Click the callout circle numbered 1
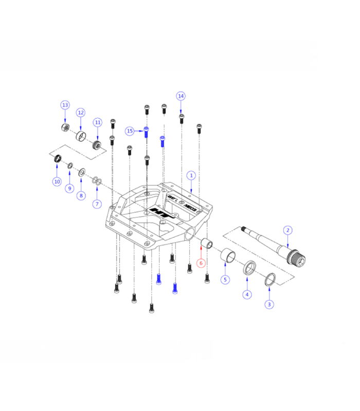tap(191, 175)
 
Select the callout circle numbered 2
tap(288, 230)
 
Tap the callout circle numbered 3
tap(269, 304)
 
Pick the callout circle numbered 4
tap(247, 294)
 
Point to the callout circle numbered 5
tap(225, 280)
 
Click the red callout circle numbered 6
tap(201, 263)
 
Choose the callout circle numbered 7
tap(96, 204)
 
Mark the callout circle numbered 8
tap(81, 196)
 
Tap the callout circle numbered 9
tap(69, 189)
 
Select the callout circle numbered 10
tap(57, 181)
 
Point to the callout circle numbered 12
tap(81, 113)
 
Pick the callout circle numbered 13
tap(65, 105)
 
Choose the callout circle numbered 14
tap(181, 96)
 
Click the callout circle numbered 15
tap(130, 131)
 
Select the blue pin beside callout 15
tap(146, 131)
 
